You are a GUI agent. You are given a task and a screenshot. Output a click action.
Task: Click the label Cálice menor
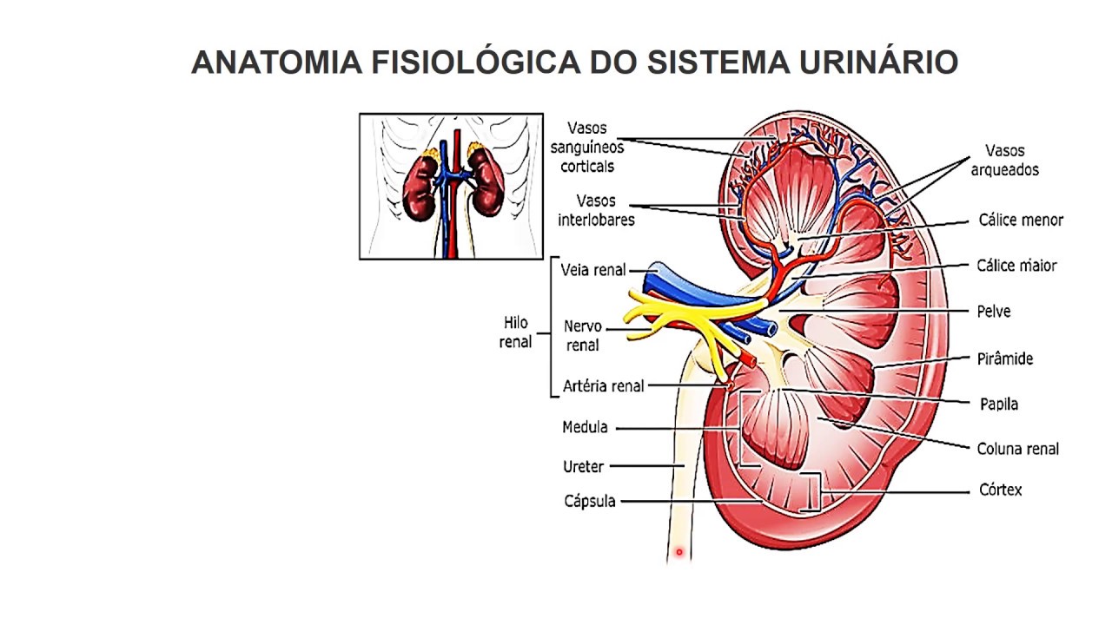[1020, 220]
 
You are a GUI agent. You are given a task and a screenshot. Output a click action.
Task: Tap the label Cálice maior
[1016, 266]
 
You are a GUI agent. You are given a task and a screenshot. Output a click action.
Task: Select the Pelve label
[994, 312]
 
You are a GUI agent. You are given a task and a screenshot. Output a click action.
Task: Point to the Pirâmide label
[1005, 359]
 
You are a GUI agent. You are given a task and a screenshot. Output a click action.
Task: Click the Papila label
[999, 404]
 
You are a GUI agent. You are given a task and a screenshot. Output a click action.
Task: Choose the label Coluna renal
[1017, 449]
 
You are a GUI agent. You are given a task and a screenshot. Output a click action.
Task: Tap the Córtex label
[1001, 490]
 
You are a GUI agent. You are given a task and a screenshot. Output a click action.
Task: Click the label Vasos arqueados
[1005, 160]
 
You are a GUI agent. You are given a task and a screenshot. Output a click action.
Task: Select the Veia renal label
[593, 270]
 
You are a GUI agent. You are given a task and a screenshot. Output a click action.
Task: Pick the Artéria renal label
[603, 386]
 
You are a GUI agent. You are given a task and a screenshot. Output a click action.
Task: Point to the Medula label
[585, 427]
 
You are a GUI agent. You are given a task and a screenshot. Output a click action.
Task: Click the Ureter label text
[583, 467]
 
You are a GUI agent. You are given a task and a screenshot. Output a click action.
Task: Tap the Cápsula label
[589, 501]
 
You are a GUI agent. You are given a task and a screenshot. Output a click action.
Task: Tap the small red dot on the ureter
[679, 551]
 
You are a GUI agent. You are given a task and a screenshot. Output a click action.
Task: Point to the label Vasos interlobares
[596, 210]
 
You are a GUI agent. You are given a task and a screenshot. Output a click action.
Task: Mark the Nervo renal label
[582, 336]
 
